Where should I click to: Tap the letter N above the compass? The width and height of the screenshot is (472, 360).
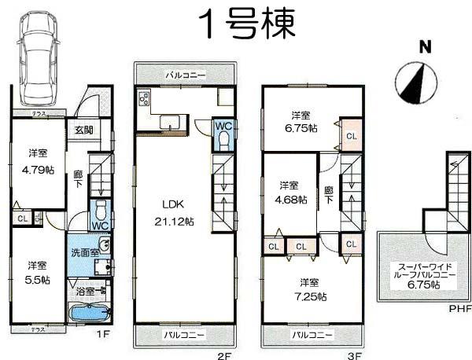(424, 47)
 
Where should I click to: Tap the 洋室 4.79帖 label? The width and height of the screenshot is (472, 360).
(35, 160)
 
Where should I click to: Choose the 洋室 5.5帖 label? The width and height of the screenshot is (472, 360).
(35, 272)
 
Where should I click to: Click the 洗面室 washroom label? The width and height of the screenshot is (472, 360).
(83, 253)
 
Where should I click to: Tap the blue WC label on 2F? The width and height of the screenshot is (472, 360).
(223, 125)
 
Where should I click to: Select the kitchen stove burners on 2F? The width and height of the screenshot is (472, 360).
(145, 100)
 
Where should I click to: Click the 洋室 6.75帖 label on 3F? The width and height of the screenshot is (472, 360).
(301, 121)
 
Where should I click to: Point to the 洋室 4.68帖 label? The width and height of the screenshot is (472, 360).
(289, 192)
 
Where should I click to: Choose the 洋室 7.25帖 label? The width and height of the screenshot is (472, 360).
(312, 288)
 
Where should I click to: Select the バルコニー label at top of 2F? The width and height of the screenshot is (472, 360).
(186, 75)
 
